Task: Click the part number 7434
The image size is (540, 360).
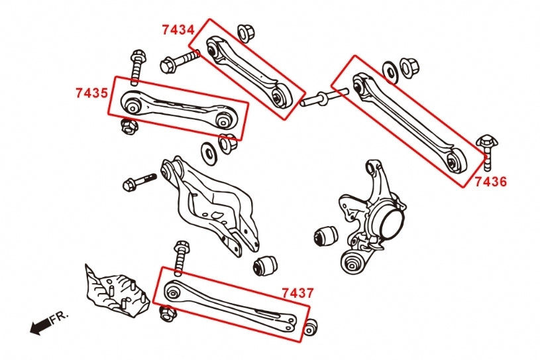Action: [178, 30]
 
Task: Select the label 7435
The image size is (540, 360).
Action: [91, 93]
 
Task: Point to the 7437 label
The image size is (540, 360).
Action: [297, 292]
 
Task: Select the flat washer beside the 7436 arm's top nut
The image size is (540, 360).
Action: [390, 70]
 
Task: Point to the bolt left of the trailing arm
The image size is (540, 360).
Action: [138, 181]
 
